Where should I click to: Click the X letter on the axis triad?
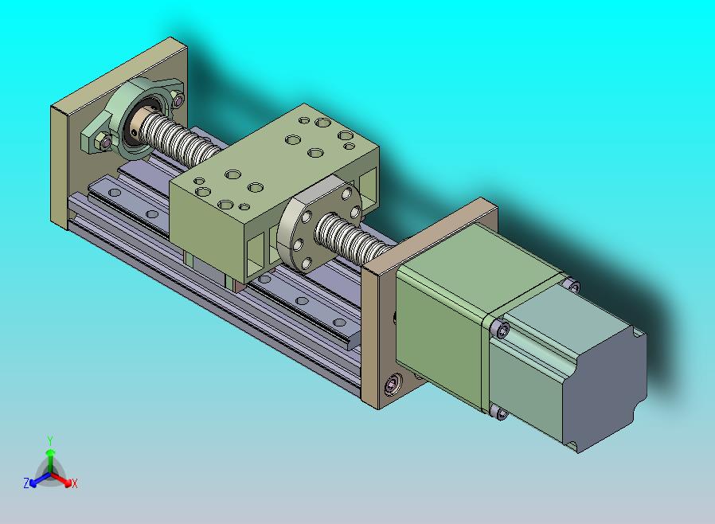pos(74,483)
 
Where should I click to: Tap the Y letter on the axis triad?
pos(49,440)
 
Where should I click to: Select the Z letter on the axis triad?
pos(26,483)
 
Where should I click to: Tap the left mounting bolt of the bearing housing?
pos(103,143)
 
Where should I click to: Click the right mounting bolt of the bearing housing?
pos(177,101)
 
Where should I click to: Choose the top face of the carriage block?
pos(275,159)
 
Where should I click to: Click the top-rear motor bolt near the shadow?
pos(572,283)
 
